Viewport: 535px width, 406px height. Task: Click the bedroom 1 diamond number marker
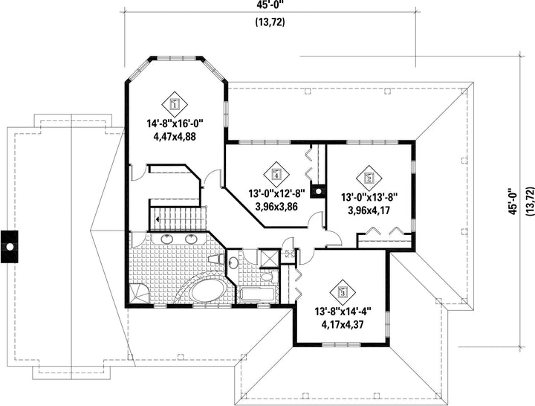pos(175,104)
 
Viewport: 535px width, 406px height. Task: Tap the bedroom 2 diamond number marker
pos(369,178)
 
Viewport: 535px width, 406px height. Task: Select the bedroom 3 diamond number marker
pos(343,292)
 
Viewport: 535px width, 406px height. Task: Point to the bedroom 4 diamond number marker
pos(276,175)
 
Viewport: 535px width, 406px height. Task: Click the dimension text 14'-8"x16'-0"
pos(175,123)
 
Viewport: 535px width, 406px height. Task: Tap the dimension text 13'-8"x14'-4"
pos(343,312)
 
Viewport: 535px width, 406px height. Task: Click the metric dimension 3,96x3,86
pos(276,207)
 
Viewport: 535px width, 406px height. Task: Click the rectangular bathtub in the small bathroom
pos(257,294)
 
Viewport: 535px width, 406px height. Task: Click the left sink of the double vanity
pos(167,239)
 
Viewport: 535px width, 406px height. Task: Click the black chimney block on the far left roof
pos(9,247)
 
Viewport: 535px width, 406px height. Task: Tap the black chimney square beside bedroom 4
pos(318,192)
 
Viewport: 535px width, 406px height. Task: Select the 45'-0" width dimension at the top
pos(270,4)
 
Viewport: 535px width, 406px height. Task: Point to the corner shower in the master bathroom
pos(138,293)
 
